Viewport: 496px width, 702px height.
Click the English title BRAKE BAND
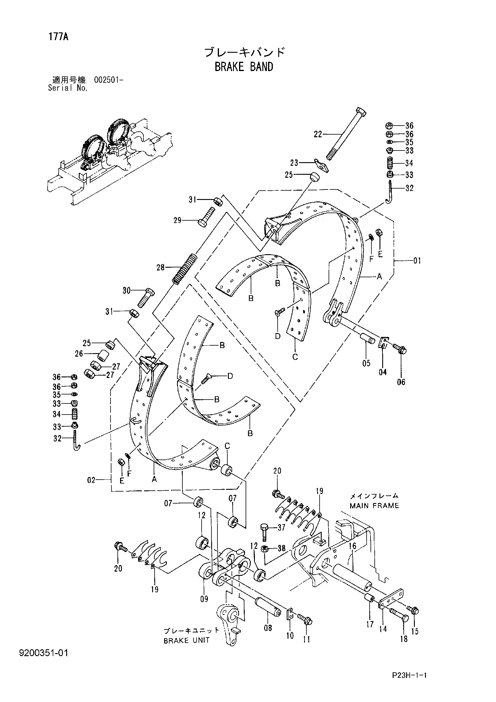tap(244, 67)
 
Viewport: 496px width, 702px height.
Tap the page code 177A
tap(58, 37)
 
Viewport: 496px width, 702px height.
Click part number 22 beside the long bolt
tap(318, 134)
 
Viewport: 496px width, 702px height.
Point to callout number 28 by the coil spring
tap(161, 268)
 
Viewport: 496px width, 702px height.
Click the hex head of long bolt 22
tap(361, 111)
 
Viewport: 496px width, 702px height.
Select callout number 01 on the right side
tap(417, 261)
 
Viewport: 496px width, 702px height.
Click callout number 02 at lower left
tap(91, 480)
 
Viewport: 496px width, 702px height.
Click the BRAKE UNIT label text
tap(187, 641)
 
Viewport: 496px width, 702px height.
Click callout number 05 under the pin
tap(366, 363)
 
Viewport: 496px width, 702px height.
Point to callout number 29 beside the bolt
tap(178, 220)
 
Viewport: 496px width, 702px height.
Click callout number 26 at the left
tap(79, 354)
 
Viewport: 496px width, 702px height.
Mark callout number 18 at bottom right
tap(404, 639)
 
